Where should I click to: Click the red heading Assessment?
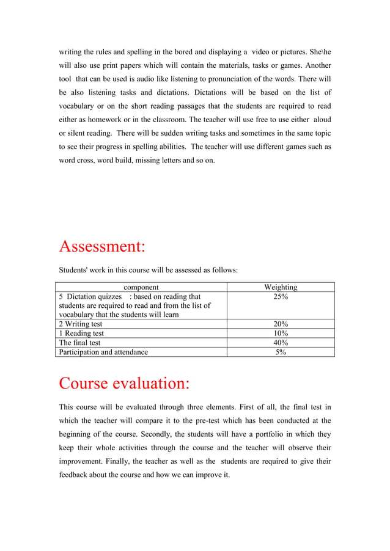pyautogui.click(x=102, y=247)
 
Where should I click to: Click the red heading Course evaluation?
pyautogui.click(x=124, y=384)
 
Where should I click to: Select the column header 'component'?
pyautogui.click(x=141, y=287)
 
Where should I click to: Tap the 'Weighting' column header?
pyautogui.click(x=281, y=287)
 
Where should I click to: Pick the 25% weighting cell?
pyautogui.click(x=281, y=297)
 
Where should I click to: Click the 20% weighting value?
pyautogui.click(x=281, y=324)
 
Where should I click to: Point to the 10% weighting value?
pyautogui.click(x=281, y=334)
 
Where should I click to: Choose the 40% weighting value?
pyautogui.click(x=281, y=343)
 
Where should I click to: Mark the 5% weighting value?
pyautogui.click(x=281, y=352)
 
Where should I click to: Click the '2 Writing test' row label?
pyautogui.click(x=81, y=324)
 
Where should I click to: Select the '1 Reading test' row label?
pyautogui.click(x=81, y=334)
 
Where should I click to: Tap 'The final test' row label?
pyautogui.click(x=79, y=343)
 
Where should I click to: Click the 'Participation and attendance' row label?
pyautogui.click(x=103, y=352)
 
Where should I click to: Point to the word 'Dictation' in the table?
pyautogui.click(x=83, y=297)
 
